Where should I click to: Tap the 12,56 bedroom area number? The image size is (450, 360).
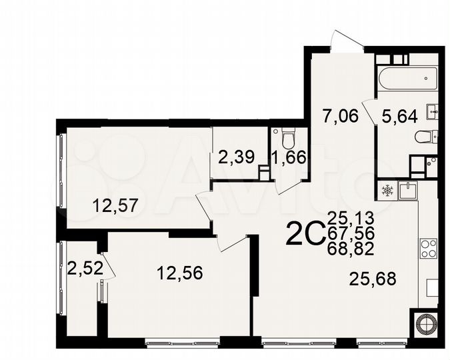pyautogui.click(x=179, y=273)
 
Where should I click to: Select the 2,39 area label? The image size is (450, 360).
pyautogui.click(x=235, y=157)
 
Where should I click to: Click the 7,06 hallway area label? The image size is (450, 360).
pyautogui.click(x=339, y=116)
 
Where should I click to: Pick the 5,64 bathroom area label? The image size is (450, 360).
pyautogui.click(x=399, y=116)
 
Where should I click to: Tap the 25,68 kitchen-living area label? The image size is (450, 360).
pyautogui.click(x=373, y=279)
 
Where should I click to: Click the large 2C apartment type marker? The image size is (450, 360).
pyautogui.click(x=304, y=233)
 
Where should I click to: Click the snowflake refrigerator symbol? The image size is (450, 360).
pyautogui.click(x=387, y=191)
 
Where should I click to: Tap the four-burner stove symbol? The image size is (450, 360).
pyautogui.click(x=429, y=247)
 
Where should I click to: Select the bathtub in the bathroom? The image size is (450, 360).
pyautogui.click(x=405, y=78)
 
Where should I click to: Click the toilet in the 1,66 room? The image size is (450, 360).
pyautogui.click(x=288, y=139)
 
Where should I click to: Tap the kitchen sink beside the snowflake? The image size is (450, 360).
pyautogui.click(x=408, y=189)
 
